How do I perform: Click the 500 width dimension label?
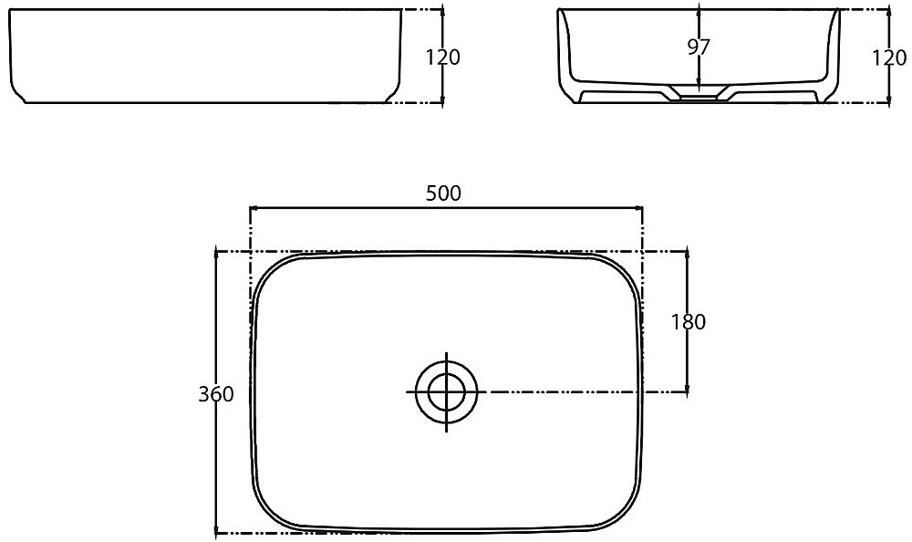tap(443, 193)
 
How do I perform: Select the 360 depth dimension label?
tap(216, 394)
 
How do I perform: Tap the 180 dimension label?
tap(689, 322)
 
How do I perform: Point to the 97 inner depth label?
tap(699, 47)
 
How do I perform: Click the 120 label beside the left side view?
tap(442, 57)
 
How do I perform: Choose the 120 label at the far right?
tap(889, 57)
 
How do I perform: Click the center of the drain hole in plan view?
tap(446, 391)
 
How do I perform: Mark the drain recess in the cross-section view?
tap(698, 93)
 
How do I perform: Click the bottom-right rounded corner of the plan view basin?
tap(626, 514)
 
